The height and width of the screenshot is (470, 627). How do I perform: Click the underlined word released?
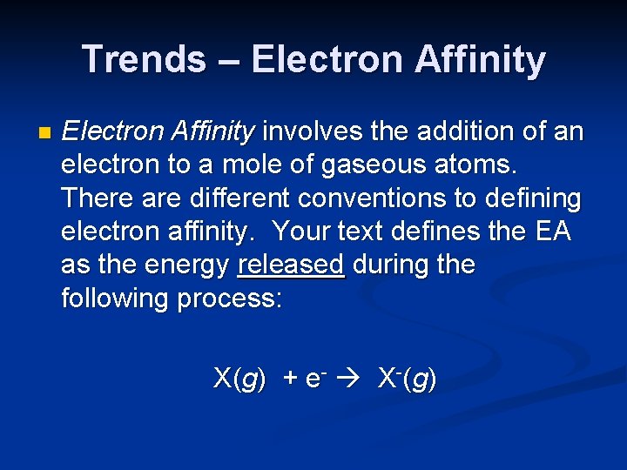[x=291, y=265]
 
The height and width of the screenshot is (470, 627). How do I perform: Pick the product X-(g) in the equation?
[x=406, y=379]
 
